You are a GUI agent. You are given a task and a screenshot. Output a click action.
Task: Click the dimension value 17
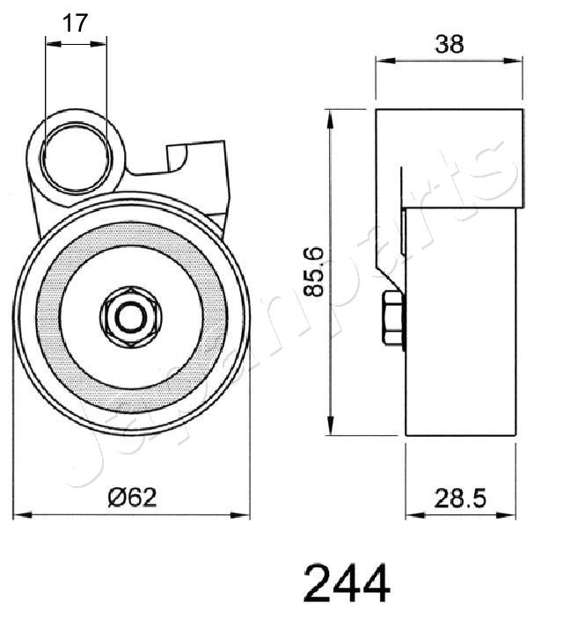(x=77, y=23)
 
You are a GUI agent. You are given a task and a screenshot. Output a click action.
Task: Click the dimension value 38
(x=449, y=44)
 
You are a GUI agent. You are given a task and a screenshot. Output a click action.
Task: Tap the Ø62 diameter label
(x=131, y=498)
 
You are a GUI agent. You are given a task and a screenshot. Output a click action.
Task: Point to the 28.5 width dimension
(x=460, y=498)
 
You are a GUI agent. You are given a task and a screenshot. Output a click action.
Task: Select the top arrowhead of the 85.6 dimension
(x=331, y=115)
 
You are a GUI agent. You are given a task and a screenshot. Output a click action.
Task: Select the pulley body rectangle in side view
(x=459, y=325)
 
